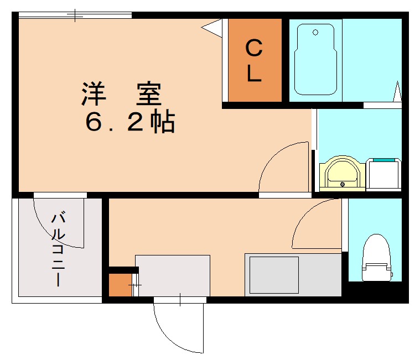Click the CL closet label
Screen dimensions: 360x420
tap(253, 61)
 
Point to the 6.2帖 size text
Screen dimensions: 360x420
tap(130, 123)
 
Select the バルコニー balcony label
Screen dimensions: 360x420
tap(59, 248)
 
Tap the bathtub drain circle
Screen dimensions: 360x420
tap(315, 33)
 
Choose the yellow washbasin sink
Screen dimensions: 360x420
tap(342, 174)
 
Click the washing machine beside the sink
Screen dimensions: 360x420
tap(383, 174)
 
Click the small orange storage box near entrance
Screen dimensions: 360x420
tap(119, 285)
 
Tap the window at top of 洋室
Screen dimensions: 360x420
tap(75, 15)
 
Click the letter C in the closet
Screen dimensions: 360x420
tap(253, 48)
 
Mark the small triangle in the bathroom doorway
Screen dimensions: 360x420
tap(397, 92)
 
